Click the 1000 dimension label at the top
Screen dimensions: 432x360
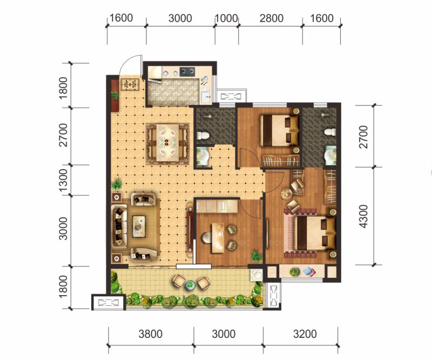[x=226, y=18]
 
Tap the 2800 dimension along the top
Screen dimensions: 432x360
[x=272, y=18]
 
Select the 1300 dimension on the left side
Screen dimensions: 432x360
[x=63, y=180]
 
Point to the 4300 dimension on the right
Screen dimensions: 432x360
[x=363, y=216]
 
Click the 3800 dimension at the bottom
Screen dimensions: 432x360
[x=151, y=334]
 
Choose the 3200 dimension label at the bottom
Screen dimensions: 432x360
[x=305, y=334]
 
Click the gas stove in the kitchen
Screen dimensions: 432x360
[x=187, y=72]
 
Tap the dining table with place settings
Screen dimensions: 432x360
[x=167, y=142]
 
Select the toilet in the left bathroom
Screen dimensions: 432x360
[x=203, y=135]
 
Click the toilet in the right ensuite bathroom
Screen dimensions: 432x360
[x=330, y=131]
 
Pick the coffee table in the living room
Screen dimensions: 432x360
[x=139, y=226]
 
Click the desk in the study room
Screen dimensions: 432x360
[x=218, y=238]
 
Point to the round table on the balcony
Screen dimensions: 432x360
[x=191, y=284]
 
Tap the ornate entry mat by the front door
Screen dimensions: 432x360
[x=130, y=84]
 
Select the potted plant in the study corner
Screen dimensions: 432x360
[x=256, y=256]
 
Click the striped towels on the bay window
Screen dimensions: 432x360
[x=309, y=272]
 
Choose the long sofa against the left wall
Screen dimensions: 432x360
[x=119, y=225]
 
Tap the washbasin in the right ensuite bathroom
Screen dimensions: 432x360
[x=330, y=155]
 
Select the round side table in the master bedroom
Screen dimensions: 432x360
[x=287, y=194]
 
